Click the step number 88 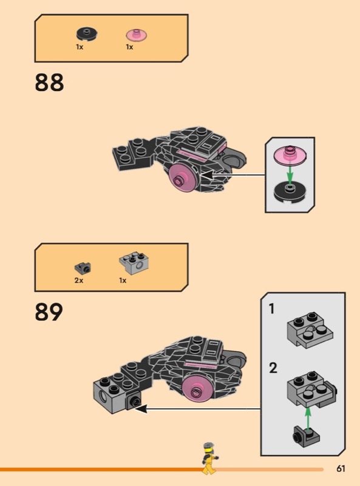click(49, 82)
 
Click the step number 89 click(49, 312)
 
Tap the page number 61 click(341, 468)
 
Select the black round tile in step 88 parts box click(87, 33)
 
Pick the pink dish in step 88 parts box click(137, 35)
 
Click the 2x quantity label click(79, 281)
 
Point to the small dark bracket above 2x click(83, 268)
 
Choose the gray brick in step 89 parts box click(134, 264)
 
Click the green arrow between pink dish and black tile click(290, 174)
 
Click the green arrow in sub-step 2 click(308, 419)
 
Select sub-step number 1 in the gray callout click(272, 309)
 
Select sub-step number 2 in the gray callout click(273, 368)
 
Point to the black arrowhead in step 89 click(141, 409)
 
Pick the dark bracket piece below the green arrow click(306, 436)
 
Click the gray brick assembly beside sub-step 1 click(310, 330)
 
